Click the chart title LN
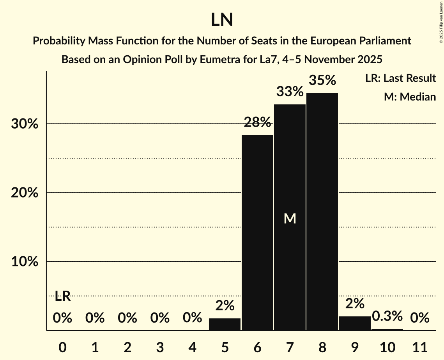click(222, 20)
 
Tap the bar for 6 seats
click(257, 233)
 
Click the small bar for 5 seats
click(225, 324)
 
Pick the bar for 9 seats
click(355, 323)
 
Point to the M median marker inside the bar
click(290, 219)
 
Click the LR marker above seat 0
click(62, 296)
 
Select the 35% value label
click(322, 80)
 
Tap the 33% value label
click(290, 92)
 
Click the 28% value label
click(257, 122)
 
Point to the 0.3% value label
click(387, 316)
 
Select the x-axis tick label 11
click(419, 346)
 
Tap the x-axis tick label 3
click(160, 346)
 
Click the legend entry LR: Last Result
click(400, 78)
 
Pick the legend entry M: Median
click(410, 97)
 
